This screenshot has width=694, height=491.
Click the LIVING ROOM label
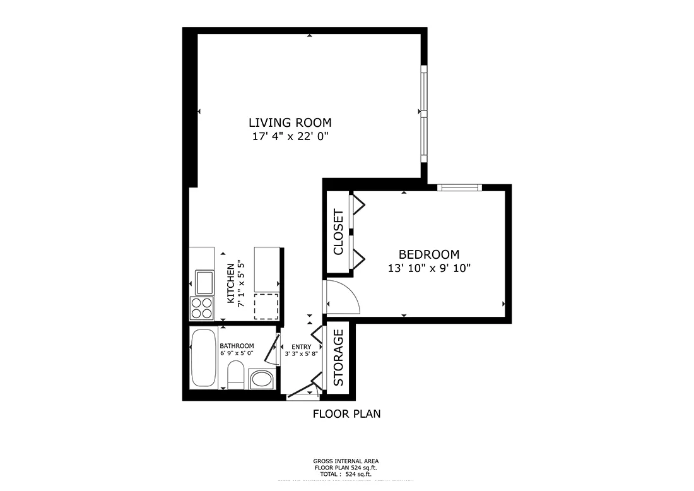pos(290,123)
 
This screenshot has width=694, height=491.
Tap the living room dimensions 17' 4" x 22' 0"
pos(290,136)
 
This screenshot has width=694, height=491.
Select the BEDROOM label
pos(428,254)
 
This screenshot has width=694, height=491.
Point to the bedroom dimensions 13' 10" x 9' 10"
pos(428,268)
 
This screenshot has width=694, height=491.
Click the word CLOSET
pos(338,232)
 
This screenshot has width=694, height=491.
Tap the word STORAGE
pos(338,358)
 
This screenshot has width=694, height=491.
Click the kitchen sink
pos(204,282)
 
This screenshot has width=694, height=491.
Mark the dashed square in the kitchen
pos(266,307)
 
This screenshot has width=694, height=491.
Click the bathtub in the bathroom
pos(203,358)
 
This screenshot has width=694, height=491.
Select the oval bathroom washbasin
pos(262,379)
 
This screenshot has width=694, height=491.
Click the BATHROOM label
pos(237,346)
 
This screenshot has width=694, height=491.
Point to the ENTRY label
pos(301,347)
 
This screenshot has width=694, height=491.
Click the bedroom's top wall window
pos(459,187)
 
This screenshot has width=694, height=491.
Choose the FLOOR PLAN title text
pos(346,414)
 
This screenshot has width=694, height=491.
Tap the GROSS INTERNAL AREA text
pos(346,461)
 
